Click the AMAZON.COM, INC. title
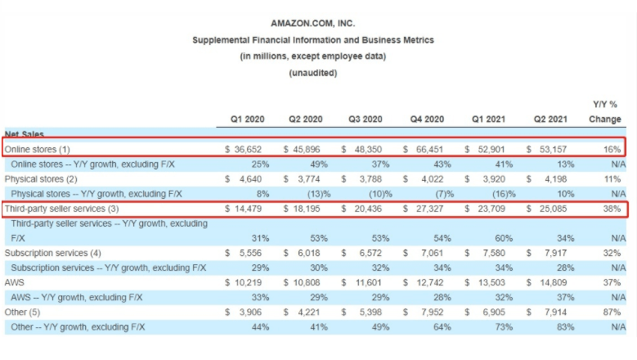312,23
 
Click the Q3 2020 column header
366,119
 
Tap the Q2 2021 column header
550,119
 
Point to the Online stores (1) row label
38,149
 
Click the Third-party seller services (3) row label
59,209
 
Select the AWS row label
15,282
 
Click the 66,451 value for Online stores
428,149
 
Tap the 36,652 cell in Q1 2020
246,149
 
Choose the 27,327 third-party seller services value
428,209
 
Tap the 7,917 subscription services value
554,253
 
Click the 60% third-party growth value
497,238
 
